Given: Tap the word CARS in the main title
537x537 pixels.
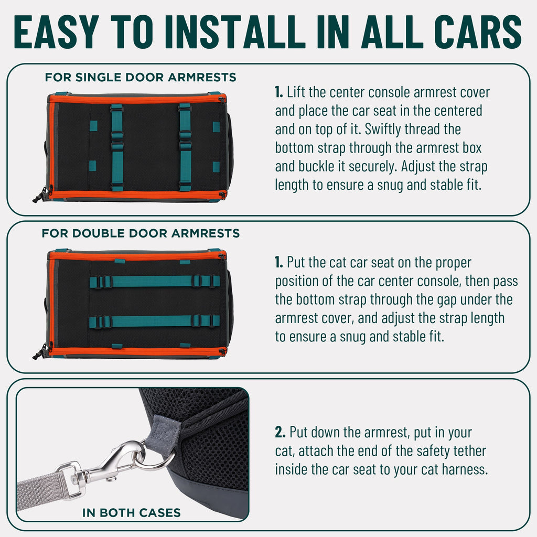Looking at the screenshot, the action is click(x=478, y=32).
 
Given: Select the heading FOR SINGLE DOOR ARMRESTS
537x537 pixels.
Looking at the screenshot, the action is click(x=141, y=78).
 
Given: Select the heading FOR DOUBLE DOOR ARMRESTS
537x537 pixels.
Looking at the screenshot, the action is click(x=141, y=233).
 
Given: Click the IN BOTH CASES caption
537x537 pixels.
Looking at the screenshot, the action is click(x=131, y=513).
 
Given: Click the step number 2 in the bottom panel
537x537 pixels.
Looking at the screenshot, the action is click(x=280, y=432).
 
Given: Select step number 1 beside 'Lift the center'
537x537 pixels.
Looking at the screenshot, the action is click(x=279, y=92).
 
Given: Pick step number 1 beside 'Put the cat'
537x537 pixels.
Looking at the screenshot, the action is click(x=279, y=262).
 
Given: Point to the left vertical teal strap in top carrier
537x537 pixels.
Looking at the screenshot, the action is click(x=117, y=147).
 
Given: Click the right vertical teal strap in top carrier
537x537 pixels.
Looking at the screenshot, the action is click(x=185, y=147).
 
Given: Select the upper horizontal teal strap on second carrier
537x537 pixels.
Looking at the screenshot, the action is click(x=155, y=282).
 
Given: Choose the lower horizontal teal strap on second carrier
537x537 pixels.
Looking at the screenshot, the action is click(x=155, y=321).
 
